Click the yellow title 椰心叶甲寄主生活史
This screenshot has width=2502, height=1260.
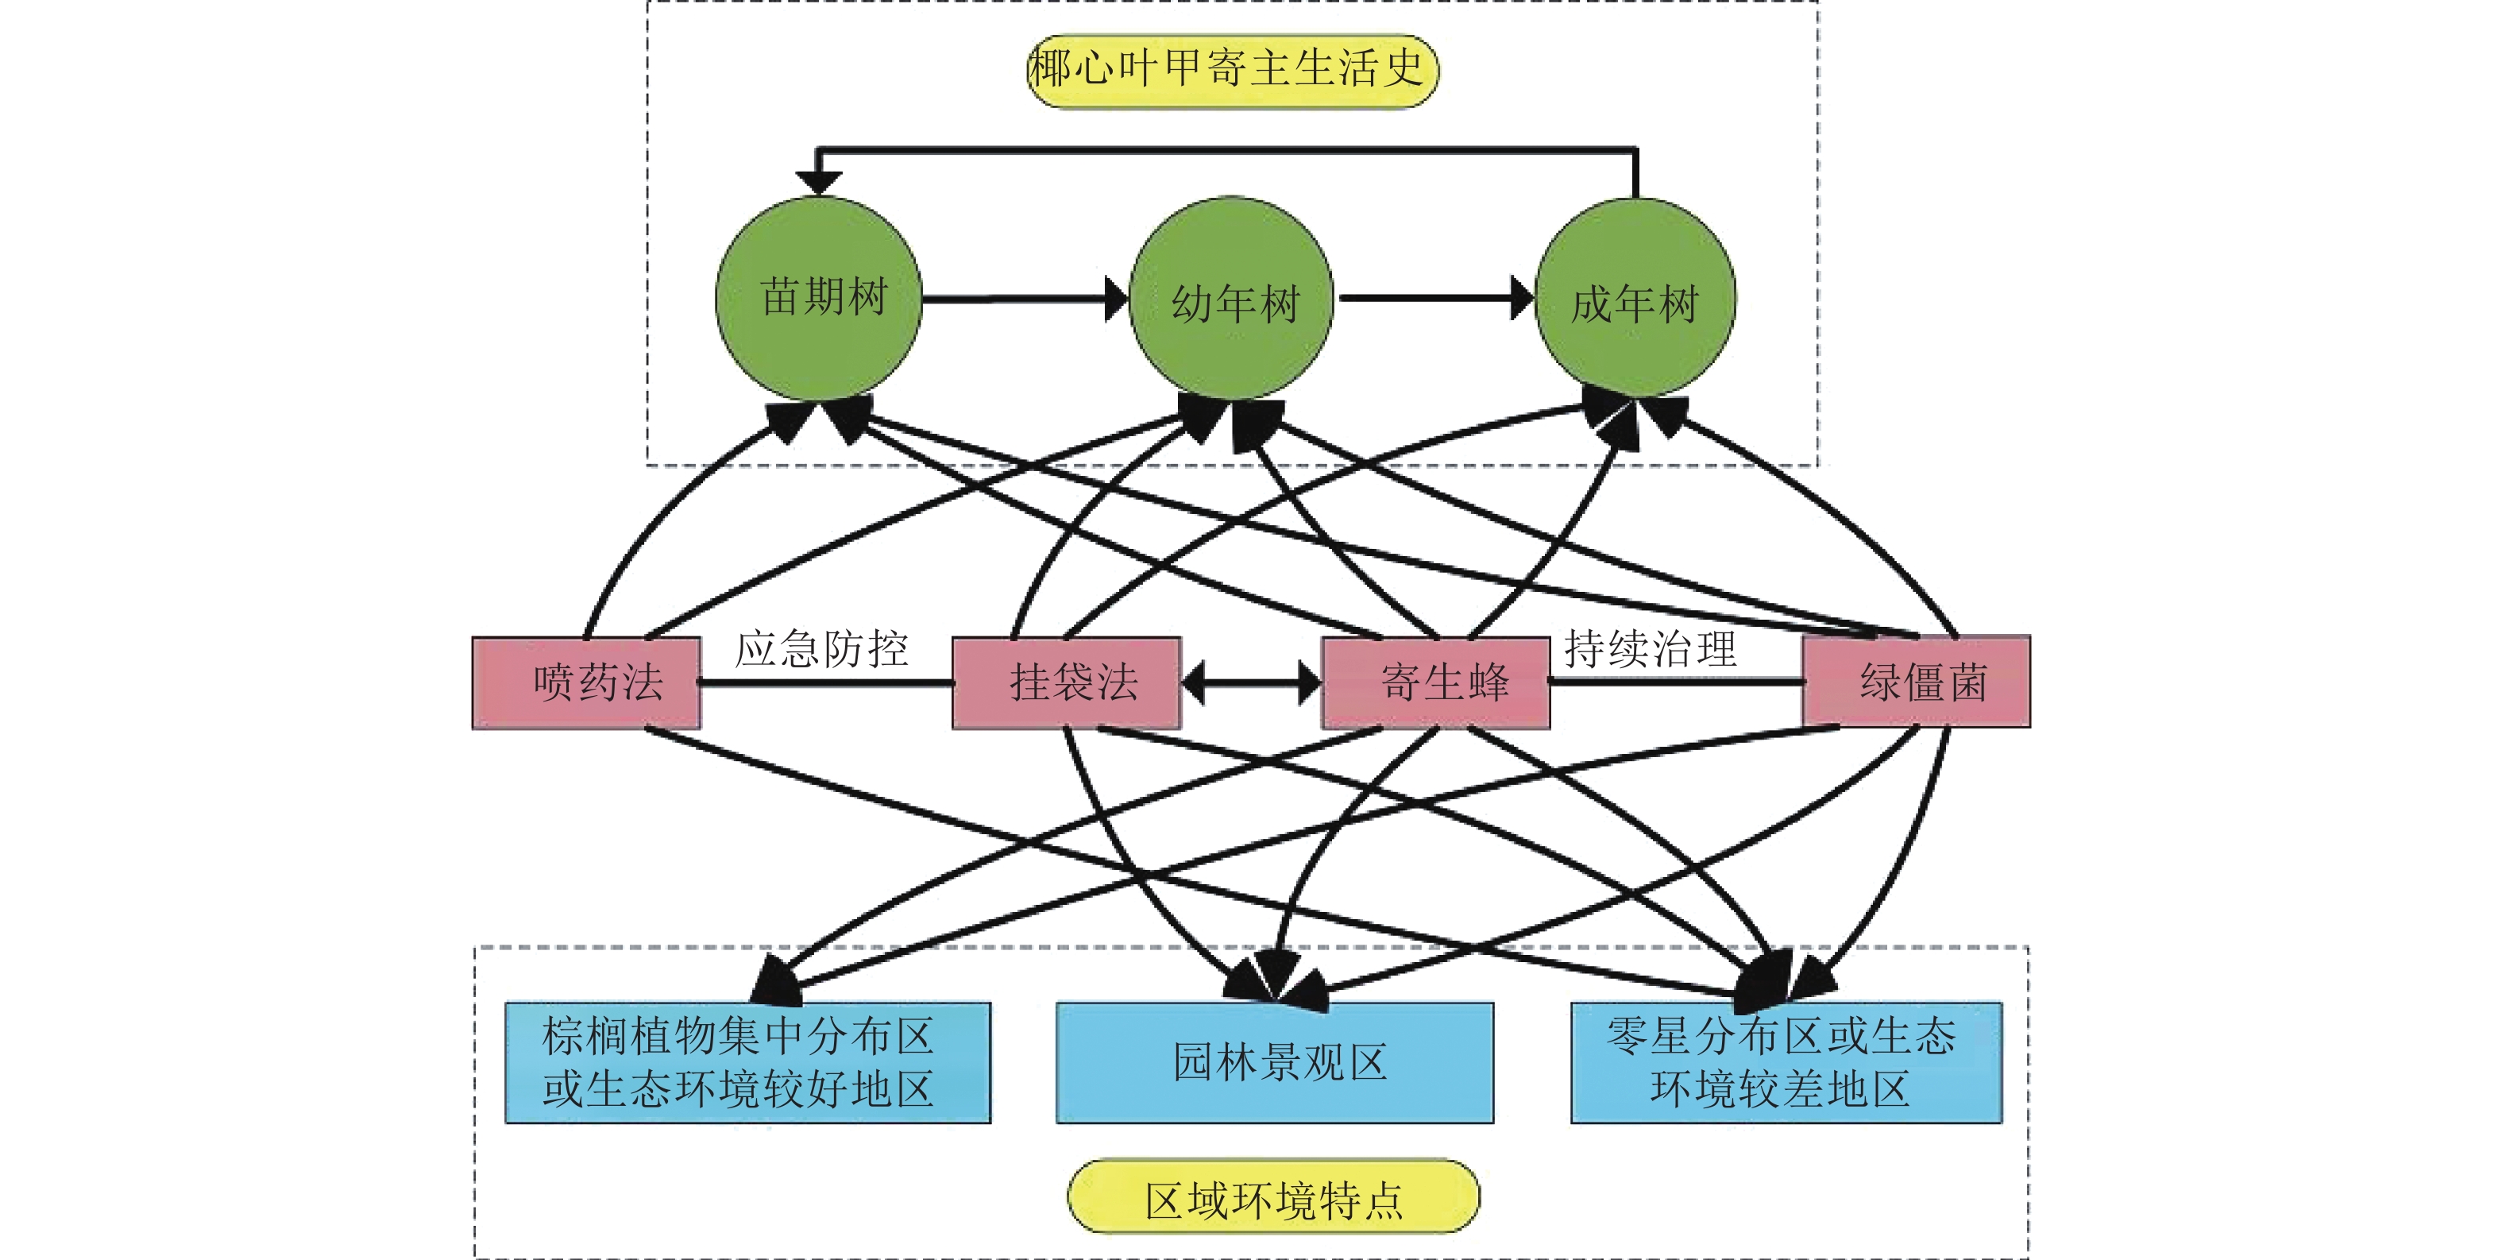click(1232, 70)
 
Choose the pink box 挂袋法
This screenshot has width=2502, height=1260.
click(1067, 682)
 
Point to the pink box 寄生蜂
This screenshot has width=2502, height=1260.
click(1435, 682)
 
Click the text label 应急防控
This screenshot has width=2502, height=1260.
click(820, 649)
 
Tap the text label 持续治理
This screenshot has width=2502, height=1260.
click(1649, 649)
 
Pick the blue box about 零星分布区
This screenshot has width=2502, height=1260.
click(1786, 1062)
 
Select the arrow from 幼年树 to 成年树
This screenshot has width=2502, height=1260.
click(1434, 298)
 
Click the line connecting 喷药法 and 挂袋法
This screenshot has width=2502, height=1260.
click(825, 684)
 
